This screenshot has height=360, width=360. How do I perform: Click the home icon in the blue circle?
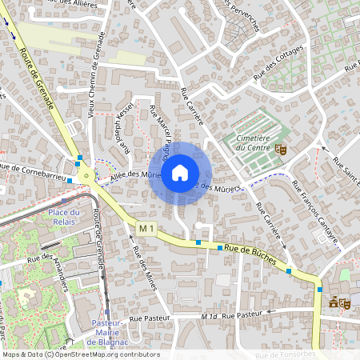[180, 172]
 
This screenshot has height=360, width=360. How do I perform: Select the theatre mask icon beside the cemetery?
[280, 149]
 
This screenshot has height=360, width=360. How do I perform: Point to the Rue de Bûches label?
[250, 254]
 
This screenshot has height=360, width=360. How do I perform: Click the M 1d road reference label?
[210, 317]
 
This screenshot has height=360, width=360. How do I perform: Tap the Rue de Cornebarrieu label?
[32, 168]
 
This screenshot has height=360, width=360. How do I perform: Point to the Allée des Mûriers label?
[127, 174]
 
